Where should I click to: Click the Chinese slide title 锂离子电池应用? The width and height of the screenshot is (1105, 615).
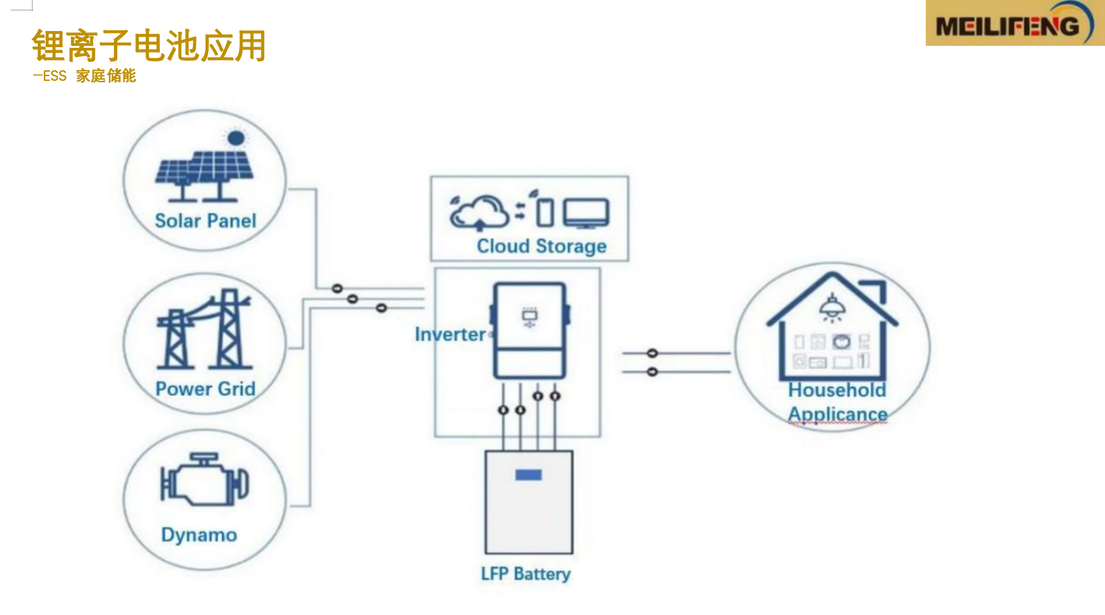pos(149,46)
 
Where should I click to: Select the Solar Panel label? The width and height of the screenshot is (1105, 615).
pos(206,221)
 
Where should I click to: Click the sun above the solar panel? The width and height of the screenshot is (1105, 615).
pos(236,138)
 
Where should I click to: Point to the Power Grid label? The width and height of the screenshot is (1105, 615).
pos(206,388)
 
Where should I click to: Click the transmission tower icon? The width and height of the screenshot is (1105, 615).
pos(205,330)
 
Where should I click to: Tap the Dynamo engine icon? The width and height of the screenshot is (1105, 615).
pos(204,480)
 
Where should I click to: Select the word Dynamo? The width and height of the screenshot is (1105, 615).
pos(199,535)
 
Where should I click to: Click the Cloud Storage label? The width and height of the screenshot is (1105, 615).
pos(542,246)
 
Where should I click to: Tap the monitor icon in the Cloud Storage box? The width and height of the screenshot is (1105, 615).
pos(586,213)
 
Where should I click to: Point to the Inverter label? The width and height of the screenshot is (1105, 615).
pos(449,334)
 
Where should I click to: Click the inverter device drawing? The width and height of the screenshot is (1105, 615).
pos(530,330)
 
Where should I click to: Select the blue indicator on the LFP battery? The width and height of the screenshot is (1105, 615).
pos(528,475)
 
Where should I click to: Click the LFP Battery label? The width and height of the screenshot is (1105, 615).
pos(526,574)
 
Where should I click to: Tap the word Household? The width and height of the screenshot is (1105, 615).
pos(837,390)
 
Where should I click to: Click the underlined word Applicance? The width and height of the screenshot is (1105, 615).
pos(838,413)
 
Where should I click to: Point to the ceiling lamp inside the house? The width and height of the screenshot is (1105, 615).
pos(832,307)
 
